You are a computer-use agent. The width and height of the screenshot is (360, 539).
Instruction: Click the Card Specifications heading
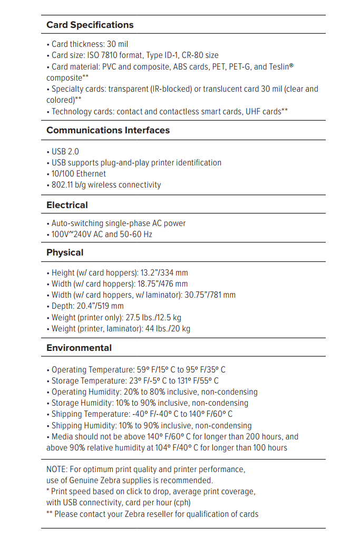click(x=90, y=25)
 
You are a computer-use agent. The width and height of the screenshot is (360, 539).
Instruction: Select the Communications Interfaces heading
click(x=108, y=130)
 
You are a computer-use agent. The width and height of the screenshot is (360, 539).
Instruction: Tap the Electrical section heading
click(x=67, y=205)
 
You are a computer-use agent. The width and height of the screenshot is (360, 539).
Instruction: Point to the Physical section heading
click(x=65, y=252)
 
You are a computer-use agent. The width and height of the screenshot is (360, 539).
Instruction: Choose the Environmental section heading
click(x=79, y=348)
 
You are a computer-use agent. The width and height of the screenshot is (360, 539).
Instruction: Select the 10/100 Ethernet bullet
click(x=79, y=173)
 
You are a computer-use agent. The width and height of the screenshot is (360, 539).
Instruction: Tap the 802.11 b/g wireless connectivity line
click(x=106, y=185)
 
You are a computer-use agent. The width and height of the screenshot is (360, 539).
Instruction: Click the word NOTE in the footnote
click(x=57, y=469)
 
